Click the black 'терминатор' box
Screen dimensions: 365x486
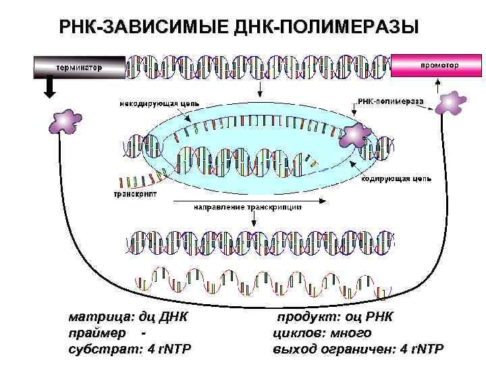pos(80,67)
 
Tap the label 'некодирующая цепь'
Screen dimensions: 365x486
pos(159,103)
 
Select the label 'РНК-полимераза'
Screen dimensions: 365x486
pos(390,101)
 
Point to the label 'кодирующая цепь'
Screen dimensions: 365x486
pos(397,179)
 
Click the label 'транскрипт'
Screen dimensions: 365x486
pos(135,193)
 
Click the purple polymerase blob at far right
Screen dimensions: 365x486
pos(450,103)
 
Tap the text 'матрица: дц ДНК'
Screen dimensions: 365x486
pos(128,318)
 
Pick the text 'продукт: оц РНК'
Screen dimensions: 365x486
pos(334,318)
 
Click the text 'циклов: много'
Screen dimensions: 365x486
pos(322,333)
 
